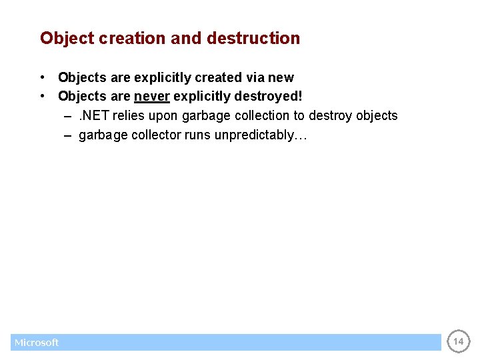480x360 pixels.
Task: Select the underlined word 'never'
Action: click(x=152, y=96)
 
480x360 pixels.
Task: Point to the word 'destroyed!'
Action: click(x=273, y=96)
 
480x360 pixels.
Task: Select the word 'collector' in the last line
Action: click(x=153, y=135)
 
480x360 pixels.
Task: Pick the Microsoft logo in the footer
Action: click(x=37, y=342)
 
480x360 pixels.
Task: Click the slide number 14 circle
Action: click(x=458, y=341)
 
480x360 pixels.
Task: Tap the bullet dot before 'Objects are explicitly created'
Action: click(x=42, y=77)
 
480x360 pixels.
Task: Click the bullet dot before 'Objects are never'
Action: click(x=42, y=96)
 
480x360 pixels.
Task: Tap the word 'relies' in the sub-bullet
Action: click(x=127, y=115)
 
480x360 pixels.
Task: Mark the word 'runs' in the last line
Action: click(x=196, y=135)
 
